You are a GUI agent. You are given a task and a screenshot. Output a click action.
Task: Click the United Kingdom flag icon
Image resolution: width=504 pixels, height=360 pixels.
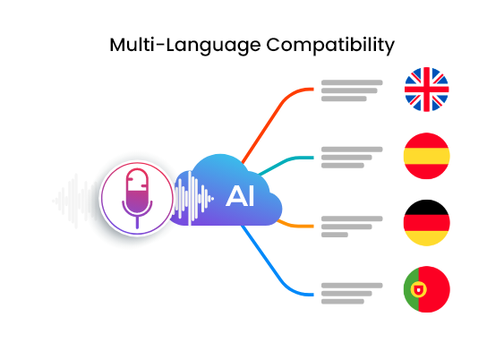[426, 90]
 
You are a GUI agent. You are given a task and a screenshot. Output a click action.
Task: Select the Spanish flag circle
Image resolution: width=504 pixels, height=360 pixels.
[426, 156]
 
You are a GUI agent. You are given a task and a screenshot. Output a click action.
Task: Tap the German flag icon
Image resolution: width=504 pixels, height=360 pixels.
[426, 223]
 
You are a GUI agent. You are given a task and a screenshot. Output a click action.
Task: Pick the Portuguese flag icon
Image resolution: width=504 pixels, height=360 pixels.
[426, 289]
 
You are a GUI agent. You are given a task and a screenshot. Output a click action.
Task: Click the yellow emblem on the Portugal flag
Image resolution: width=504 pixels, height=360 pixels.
[418, 289]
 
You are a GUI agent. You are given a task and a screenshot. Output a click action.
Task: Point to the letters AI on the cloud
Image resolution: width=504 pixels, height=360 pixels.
[240, 196]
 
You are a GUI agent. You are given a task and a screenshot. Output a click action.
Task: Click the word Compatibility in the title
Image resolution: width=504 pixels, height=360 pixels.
[330, 46]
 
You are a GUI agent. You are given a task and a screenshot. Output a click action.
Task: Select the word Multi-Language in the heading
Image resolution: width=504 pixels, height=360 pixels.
[184, 46]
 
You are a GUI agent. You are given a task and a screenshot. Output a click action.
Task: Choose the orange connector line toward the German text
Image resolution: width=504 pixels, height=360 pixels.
[295, 225]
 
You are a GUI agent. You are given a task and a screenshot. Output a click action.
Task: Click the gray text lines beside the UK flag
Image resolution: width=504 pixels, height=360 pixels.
[352, 90]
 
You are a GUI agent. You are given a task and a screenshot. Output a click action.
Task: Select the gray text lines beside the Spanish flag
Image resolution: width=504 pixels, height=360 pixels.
[352, 158]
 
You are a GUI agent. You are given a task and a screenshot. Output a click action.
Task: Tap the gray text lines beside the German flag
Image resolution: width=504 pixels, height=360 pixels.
[352, 227]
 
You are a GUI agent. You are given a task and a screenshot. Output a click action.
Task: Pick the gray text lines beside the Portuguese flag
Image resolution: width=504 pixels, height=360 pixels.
[352, 294]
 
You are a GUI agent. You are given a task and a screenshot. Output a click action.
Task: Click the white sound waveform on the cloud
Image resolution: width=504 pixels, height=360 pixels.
[192, 199]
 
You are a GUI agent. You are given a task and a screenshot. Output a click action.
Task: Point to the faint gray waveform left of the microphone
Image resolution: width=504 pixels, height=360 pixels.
[76, 201]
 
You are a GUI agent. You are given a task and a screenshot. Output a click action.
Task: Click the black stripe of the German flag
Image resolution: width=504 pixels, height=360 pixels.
[426, 208]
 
